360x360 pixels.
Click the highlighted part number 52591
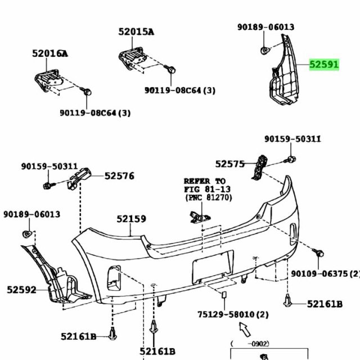coord(324,65)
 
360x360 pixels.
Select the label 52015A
coord(136,31)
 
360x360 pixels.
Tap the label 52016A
coord(50,53)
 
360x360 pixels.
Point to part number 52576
coord(119,176)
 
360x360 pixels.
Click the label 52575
coord(230,164)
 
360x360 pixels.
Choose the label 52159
coord(131,219)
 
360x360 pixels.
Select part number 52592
coord(21,290)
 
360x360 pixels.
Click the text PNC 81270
coord(209,197)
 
